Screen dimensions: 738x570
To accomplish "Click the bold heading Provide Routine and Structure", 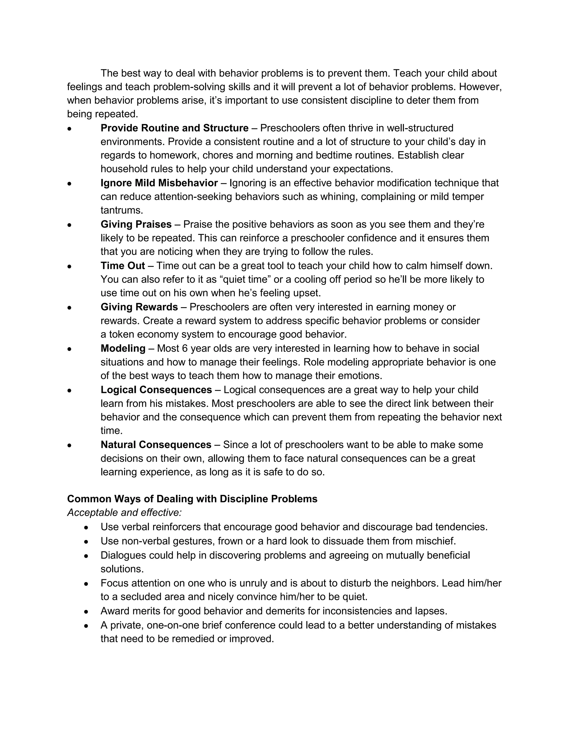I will [x=174, y=128].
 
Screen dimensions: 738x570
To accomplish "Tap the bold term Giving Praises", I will [x=136, y=224].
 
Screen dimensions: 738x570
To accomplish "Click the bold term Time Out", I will [x=122, y=266].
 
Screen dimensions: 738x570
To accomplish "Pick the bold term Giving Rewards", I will [x=139, y=307].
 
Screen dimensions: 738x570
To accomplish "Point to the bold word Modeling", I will [x=123, y=348].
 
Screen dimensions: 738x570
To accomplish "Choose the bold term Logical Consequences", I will [x=156, y=390].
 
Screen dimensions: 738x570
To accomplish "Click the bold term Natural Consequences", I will [x=156, y=445].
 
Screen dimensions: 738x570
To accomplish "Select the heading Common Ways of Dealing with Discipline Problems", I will [x=192, y=499].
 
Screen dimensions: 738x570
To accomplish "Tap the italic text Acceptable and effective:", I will [x=124, y=513].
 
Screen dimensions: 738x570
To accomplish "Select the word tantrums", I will [x=122, y=211].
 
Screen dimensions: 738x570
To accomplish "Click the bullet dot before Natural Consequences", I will [x=69, y=445].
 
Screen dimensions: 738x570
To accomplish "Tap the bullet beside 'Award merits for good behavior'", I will [x=87, y=612].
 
